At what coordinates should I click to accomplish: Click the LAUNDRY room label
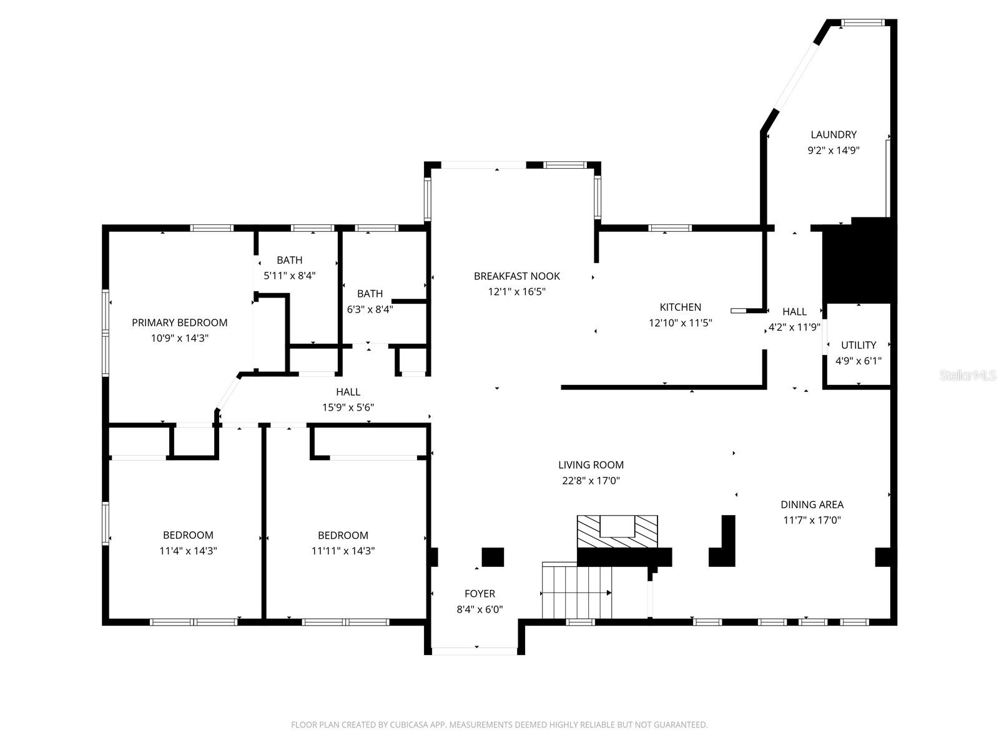pos(834,134)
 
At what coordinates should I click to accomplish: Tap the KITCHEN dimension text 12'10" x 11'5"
pos(681,323)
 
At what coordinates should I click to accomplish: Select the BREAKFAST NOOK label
pos(516,276)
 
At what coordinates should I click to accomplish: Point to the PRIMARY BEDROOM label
pos(179,322)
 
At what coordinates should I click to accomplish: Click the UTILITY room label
pos(859,345)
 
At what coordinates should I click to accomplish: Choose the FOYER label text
pos(480,594)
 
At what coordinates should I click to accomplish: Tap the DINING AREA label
pos(812,504)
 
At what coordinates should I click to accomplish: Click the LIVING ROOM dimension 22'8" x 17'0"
pos(591,481)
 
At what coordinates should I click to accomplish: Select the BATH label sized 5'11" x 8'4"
pos(289,260)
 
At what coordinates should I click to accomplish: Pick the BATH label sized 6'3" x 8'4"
pos(370,293)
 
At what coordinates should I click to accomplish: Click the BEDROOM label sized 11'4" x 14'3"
pos(188,535)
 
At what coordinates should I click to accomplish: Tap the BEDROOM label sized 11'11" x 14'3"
pos(343,535)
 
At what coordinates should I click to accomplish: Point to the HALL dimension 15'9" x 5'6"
pos(348,407)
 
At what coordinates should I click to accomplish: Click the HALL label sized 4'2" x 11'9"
pos(794,311)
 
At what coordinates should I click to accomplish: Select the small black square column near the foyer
pos(493,557)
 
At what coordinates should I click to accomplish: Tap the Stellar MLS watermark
pos(967,375)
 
